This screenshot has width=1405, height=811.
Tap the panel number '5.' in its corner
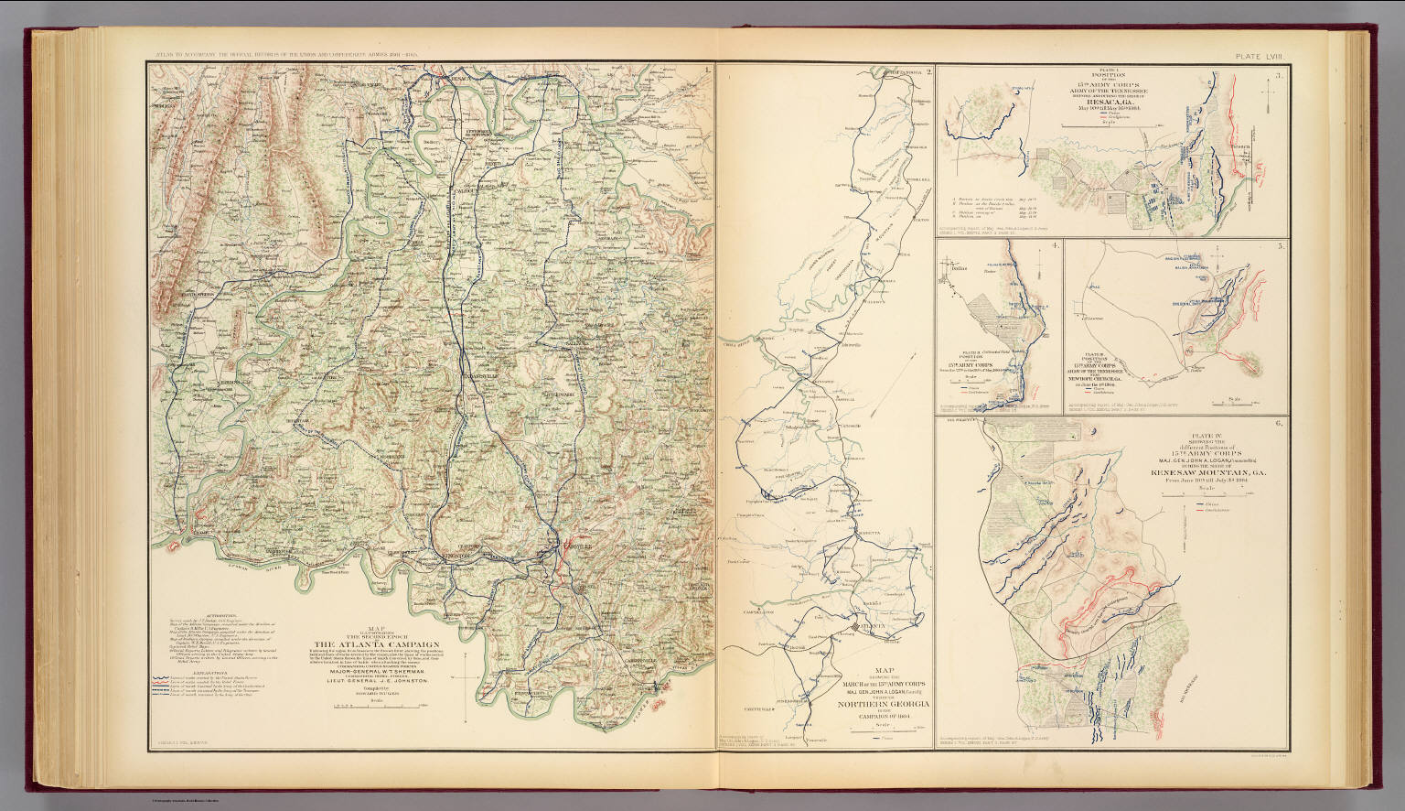(x=1282, y=246)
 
